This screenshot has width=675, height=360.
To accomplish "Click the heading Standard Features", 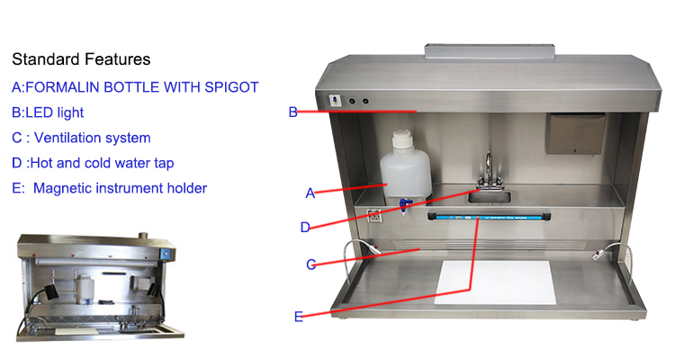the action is pyautogui.click(x=81, y=59).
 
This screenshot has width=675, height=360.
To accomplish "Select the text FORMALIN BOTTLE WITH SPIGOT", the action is pyautogui.click(x=142, y=87).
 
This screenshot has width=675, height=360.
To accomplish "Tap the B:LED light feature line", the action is pyautogui.click(x=48, y=112).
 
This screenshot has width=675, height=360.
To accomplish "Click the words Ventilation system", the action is pyautogui.click(x=93, y=138).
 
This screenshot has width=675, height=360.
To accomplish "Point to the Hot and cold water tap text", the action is pyautogui.click(x=103, y=163).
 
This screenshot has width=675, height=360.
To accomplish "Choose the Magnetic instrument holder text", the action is pyautogui.click(x=120, y=188).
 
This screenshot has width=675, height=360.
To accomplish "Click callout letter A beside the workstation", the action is pyautogui.click(x=310, y=193).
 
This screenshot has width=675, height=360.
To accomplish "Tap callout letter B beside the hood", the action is pyautogui.click(x=292, y=112).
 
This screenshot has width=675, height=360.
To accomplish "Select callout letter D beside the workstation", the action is pyautogui.click(x=305, y=227).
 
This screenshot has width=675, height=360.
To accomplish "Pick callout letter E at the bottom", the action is pyautogui.click(x=298, y=317).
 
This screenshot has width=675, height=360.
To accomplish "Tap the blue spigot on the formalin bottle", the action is pyautogui.click(x=404, y=204).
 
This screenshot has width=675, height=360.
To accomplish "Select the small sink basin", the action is pyautogui.click(x=490, y=197).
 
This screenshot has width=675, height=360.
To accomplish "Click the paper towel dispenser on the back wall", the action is pyautogui.click(x=576, y=133).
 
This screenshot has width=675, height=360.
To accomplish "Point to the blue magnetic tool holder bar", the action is pyautogui.click(x=489, y=217).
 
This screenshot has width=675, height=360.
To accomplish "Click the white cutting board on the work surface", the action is pyautogui.click(x=495, y=282).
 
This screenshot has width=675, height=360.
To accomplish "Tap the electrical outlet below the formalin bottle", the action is pyautogui.click(x=373, y=215).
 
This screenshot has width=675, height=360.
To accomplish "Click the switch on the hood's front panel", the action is pyautogui.click(x=335, y=101).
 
